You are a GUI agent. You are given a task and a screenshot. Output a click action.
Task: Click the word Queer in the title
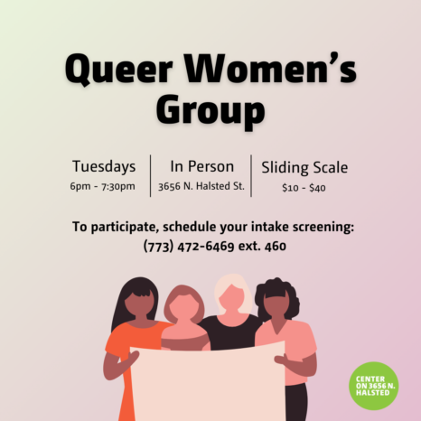[119, 70]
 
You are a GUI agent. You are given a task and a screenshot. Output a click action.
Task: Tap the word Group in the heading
[210, 111]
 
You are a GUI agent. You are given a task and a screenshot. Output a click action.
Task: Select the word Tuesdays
[104, 166]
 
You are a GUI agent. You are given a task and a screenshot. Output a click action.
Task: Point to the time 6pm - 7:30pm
[102, 186]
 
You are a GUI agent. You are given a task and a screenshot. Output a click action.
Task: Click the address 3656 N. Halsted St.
[201, 186]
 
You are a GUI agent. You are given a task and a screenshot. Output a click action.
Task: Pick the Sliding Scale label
[304, 167]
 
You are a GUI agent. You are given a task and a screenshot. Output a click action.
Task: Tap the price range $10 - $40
[304, 188]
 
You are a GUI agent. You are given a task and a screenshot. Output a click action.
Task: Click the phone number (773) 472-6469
[189, 246]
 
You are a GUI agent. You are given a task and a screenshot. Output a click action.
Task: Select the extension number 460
[276, 247]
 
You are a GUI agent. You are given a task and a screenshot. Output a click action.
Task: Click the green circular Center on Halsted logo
[374, 386]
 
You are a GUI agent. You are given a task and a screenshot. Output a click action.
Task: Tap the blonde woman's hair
[234, 291]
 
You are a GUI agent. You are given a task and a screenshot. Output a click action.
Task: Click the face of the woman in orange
[139, 304]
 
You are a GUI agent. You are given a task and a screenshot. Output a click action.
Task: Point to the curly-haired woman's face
[278, 305]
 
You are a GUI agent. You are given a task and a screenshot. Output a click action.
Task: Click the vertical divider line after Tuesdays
[150, 176]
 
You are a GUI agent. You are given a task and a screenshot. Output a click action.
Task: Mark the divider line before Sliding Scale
[251, 176]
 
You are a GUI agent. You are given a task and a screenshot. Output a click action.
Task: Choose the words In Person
[202, 166]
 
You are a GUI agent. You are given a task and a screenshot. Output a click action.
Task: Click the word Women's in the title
[270, 69]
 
